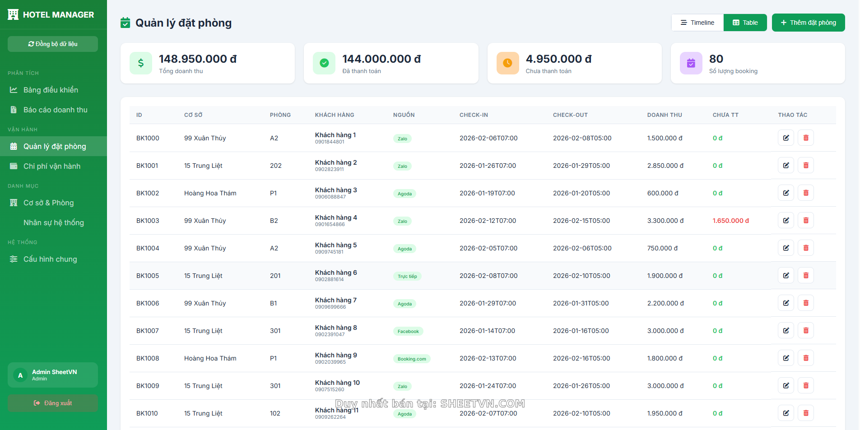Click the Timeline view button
pyautogui.click(x=697, y=23)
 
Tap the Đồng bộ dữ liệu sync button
pyautogui.click(x=53, y=44)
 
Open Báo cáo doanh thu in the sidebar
pyautogui.click(x=55, y=110)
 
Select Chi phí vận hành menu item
pyautogui.click(x=52, y=166)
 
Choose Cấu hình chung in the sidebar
pyautogui.click(x=50, y=259)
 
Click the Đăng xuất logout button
pyautogui.click(x=53, y=403)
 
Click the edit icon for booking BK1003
pyautogui.click(x=786, y=221)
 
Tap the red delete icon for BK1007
pyautogui.click(x=805, y=331)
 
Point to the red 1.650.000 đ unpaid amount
pyautogui.click(x=730, y=221)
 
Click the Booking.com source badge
pyautogui.click(x=412, y=359)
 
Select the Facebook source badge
pyautogui.click(x=408, y=331)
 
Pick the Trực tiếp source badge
pyautogui.click(x=407, y=276)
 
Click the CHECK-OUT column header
pyautogui.click(x=570, y=115)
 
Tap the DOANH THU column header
pyautogui.click(x=664, y=115)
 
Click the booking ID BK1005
pyautogui.click(x=148, y=276)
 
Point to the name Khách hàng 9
pyautogui.click(x=336, y=355)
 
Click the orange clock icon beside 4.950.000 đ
pyautogui.click(x=507, y=63)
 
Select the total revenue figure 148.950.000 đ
pyautogui.click(x=198, y=59)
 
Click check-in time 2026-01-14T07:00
pyautogui.click(x=487, y=331)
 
